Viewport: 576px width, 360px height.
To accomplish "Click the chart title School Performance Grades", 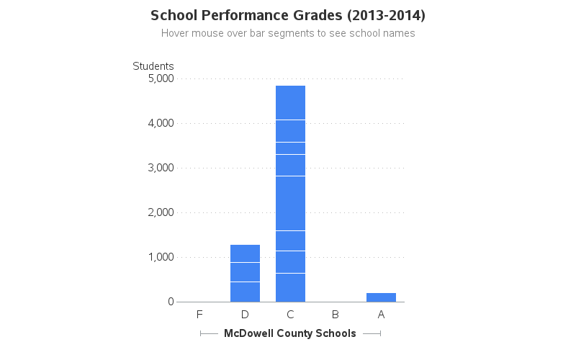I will point(288,15).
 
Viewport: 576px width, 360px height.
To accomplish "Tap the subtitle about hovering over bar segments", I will point(288,33).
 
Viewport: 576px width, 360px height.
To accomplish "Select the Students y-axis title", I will point(153,66).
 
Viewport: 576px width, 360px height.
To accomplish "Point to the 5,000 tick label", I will point(161,78).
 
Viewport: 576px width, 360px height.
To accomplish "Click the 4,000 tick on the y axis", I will point(161,123).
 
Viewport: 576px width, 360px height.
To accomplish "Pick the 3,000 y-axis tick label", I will point(161,168).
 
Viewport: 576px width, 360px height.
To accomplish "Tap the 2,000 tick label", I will point(161,212).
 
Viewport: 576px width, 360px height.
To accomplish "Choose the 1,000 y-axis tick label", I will point(161,257).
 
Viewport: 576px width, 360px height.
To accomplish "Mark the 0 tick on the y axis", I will point(171,302).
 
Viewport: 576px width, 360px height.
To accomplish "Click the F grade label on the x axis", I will point(199,315).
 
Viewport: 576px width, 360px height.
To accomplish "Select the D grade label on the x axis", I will point(245,315).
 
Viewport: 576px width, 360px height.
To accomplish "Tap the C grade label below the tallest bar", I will point(290,315).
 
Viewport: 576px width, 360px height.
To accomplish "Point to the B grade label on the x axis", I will point(336,315).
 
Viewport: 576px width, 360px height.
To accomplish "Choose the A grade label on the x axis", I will point(381,315).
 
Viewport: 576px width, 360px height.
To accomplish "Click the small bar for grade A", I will point(381,297).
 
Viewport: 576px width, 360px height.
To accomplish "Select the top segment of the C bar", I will point(290,102).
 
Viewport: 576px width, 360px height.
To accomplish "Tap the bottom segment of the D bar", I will point(245,292).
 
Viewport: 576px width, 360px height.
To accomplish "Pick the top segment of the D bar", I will point(245,253).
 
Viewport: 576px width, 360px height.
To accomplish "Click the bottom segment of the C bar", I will point(290,287).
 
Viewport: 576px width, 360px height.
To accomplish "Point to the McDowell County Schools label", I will point(290,333).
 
